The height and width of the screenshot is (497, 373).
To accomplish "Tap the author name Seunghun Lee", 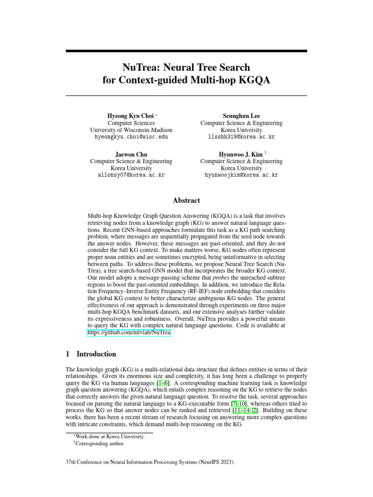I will point(241,116).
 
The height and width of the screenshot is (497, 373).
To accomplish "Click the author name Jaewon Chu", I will point(131,154).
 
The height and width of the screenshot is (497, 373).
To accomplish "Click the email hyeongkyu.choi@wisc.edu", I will point(131,137).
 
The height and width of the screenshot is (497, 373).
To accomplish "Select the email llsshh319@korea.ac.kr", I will point(241,137).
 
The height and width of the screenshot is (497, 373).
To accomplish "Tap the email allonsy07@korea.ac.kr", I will point(131,175).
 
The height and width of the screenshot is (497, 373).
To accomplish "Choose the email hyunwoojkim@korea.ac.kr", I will point(241,175).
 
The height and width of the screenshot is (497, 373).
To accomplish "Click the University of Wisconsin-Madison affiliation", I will point(131,130).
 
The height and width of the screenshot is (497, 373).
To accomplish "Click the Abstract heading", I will point(186,200).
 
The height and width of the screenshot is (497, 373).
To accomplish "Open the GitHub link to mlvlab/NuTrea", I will point(129,333).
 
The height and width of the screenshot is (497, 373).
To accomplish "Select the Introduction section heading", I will point(96,354).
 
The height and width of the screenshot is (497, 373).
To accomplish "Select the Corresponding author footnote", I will point(100,443).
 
